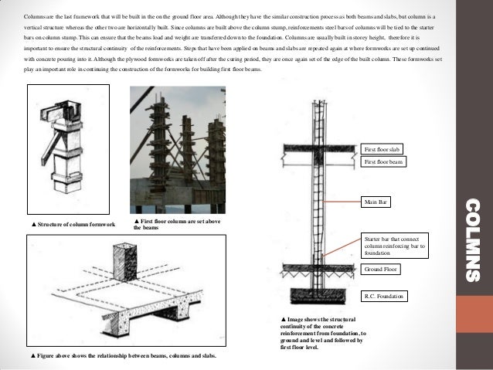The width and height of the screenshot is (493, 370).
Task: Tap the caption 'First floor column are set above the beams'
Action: click(176, 225)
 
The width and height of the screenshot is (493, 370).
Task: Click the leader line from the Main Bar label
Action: click(340, 202)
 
